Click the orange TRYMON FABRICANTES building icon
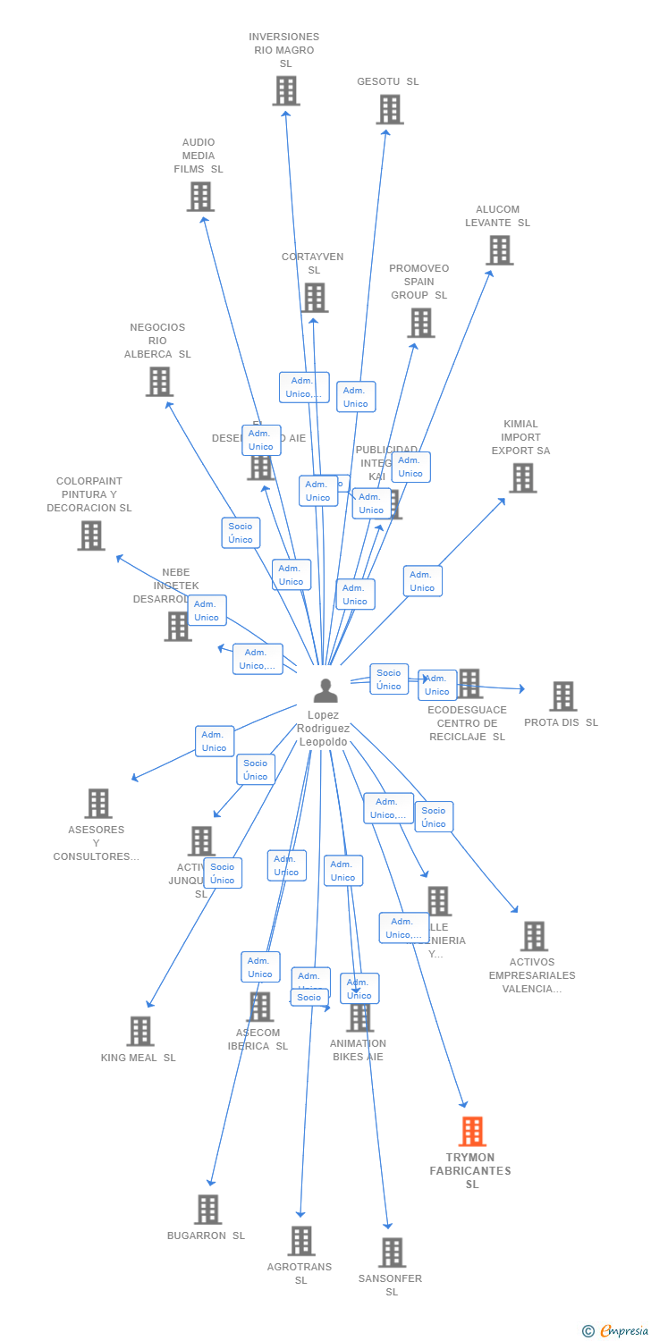[472, 1131]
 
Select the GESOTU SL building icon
[389, 109]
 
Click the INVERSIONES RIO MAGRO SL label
[284, 50]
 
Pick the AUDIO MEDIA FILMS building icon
[200, 197]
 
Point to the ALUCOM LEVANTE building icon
[500, 250]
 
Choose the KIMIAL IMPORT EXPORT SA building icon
[522, 477]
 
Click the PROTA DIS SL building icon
[562, 696]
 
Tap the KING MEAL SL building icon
[139, 1031]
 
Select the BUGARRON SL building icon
[207, 1210]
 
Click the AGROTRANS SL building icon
[301, 1241]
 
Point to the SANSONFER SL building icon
[392, 1252]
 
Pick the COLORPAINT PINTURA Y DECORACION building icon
[90, 536]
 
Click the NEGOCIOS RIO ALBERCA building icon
[159, 382]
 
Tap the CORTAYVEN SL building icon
[314, 298]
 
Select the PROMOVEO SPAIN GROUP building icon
[420, 323]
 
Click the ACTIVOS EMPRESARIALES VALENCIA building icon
[534, 936]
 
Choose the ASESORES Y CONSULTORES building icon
[98, 804]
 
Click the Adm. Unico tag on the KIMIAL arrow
[422, 581]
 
